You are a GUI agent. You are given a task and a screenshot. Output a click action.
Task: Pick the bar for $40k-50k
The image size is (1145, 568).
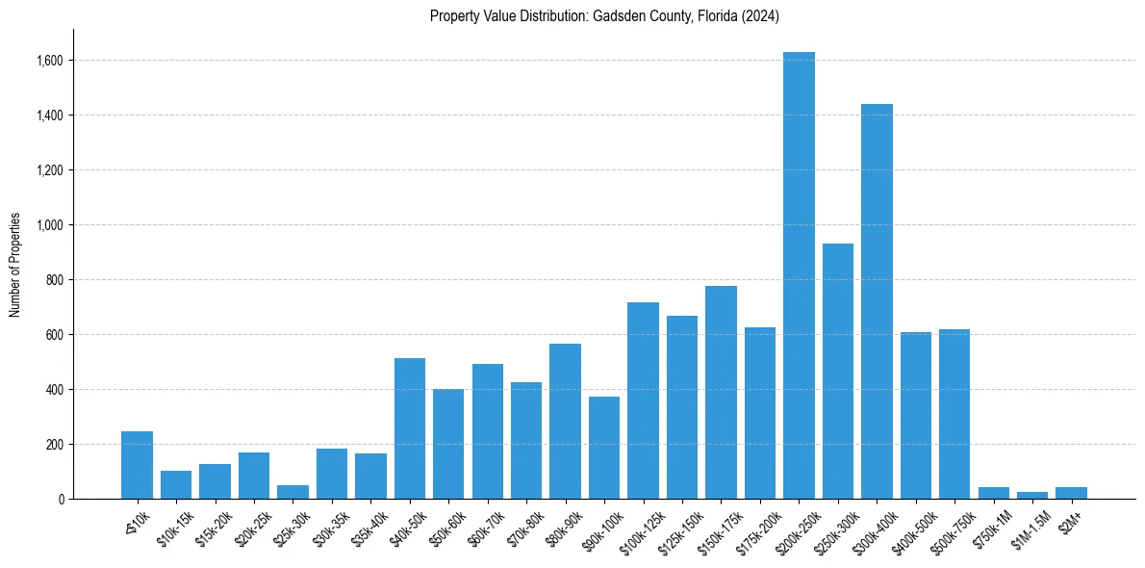410,428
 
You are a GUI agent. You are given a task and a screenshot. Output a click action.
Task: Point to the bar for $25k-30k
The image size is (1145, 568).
293,492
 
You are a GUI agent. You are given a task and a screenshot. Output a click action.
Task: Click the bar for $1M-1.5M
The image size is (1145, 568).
1032,496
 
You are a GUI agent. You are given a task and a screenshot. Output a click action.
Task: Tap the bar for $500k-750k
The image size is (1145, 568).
954,414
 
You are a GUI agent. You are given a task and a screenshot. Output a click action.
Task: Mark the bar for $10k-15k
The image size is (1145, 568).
176,485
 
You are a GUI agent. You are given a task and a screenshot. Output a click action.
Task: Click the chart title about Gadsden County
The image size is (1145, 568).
604,16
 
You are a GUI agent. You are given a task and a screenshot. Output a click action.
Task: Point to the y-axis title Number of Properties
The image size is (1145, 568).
15,265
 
